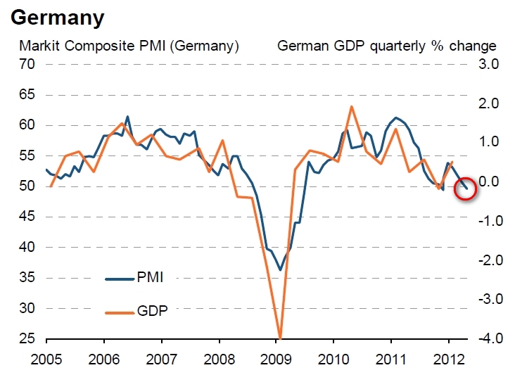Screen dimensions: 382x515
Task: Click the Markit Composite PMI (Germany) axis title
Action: click(129, 46)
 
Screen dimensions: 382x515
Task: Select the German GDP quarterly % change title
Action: click(387, 46)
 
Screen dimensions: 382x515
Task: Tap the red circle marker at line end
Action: click(465, 188)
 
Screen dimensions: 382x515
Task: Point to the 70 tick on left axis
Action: click(27, 65)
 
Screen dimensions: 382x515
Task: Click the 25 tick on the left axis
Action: click(27, 339)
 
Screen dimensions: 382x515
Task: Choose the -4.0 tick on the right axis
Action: click(486, 339)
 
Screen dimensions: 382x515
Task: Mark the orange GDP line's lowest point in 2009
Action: click(280, 338)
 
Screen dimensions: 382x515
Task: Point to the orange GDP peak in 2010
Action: click(351, 107)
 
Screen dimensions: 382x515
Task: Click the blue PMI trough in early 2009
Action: click(280, 269)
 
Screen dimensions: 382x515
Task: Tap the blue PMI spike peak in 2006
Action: click(127, 117)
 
